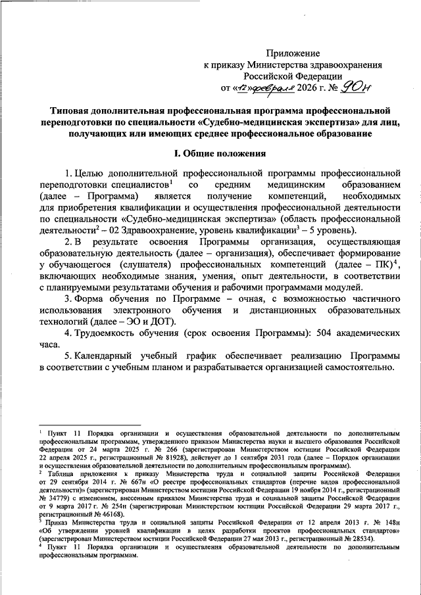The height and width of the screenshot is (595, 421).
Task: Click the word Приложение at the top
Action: [293, 53]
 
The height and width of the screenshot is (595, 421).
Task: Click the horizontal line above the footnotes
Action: [90, 425]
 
